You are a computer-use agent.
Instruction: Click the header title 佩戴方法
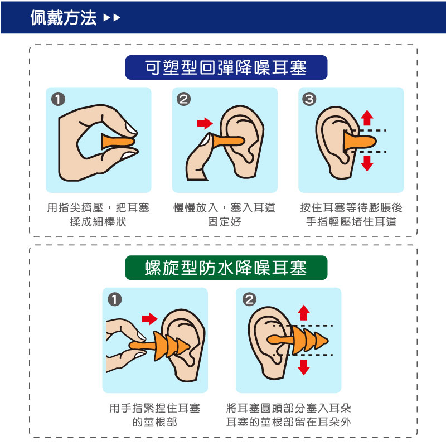(64, 18)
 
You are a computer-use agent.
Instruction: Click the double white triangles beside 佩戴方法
(112, 18)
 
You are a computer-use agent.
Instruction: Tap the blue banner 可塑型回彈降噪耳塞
(226, 67)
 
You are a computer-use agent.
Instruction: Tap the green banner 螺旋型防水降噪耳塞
(226, 268)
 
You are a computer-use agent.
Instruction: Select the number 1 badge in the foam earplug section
(59, 99)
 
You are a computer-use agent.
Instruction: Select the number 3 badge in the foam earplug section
(309, 99)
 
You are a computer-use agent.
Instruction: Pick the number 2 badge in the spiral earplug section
(249, 299)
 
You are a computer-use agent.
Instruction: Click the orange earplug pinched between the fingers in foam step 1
(118, 142)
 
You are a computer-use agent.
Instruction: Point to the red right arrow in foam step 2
(205, 123)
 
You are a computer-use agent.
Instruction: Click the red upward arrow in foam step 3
(367, 118)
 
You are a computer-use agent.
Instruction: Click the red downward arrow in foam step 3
(367, 163)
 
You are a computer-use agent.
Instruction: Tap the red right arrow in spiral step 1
(149, 319)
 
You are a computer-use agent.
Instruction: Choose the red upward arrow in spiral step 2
(304, 313)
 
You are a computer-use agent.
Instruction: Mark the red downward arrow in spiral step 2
(304, 367)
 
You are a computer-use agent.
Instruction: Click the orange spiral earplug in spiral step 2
(298, 340)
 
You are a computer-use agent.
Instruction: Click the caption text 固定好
(225, 222)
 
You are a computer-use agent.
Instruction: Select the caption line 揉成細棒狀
(98, 222)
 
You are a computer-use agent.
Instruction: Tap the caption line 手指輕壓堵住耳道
(351, 222)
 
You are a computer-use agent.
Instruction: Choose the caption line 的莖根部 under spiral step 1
(155, 422)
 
